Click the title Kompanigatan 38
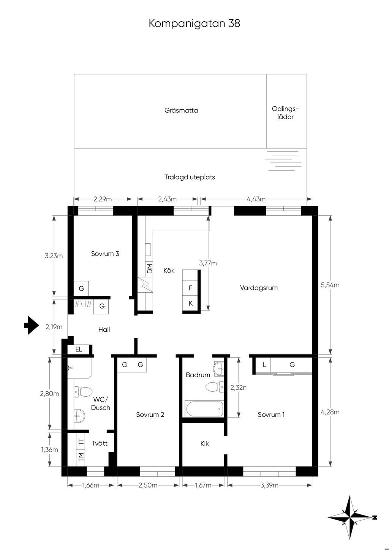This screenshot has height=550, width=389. [194, 24]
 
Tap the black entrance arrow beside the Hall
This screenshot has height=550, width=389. [32, 325]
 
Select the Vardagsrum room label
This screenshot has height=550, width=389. [259, 288]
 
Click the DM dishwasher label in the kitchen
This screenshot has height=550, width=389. [149, 268]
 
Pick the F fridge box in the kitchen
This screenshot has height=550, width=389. [190, 288]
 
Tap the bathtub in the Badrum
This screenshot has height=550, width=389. [204, 409]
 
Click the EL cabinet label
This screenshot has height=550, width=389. [79, 350]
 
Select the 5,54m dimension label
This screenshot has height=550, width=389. [330, 285]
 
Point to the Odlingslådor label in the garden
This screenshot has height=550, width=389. [285, 113]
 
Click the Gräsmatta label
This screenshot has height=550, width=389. [181, 110]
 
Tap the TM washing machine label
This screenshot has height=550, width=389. [81, 457]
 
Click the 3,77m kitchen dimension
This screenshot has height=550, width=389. [208, 263]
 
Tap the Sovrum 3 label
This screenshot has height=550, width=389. [105, 254]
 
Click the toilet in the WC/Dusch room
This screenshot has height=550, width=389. [83, 391]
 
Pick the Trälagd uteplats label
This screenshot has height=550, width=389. [190, 177]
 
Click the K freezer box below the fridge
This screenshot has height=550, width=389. [190, 304]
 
